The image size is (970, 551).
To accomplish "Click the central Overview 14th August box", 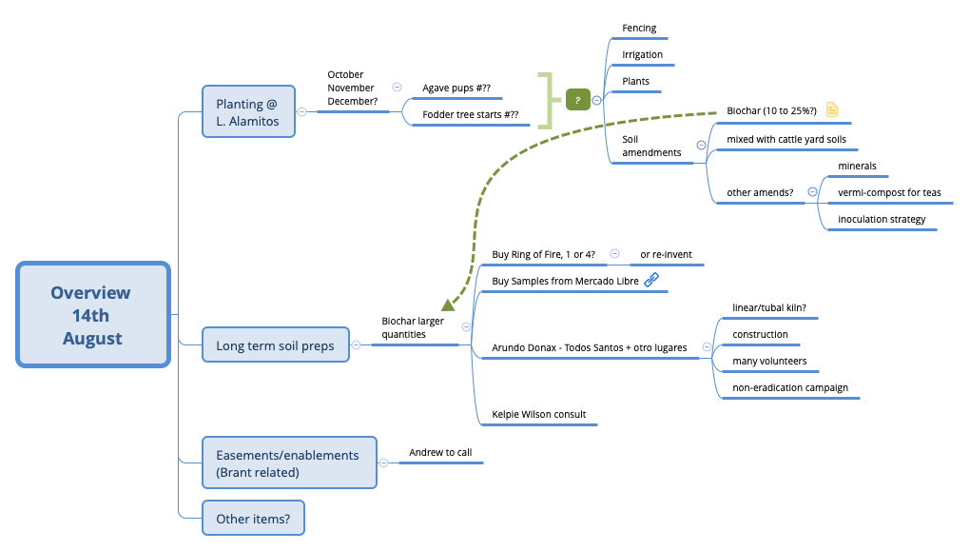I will [x=92, y=315].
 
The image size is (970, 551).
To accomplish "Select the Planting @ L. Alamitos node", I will [x=246, y=111].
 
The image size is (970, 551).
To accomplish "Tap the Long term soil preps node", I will [x=275, y=345].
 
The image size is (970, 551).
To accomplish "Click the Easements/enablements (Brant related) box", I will [x=289, y=463].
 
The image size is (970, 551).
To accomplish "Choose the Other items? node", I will [x=253, y=519].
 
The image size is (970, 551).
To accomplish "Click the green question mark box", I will [x=577, y=100].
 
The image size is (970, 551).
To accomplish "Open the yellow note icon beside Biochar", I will [x=831, y=110].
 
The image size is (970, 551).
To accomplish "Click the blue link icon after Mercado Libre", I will [x=651, y=281].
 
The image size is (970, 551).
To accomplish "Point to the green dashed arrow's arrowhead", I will [x=448, y=305].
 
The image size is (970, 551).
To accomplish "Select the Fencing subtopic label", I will [x=639, y=29].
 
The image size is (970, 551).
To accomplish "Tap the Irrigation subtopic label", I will [x=642, y=55].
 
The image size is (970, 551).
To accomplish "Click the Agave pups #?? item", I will [x=456, y=89].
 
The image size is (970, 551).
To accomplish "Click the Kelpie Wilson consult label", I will [x=538, y=415].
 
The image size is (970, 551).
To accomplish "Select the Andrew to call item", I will [x=439, y=453].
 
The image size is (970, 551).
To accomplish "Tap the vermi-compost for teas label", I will [x=888, y=193].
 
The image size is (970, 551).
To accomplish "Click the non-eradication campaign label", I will [x=789, y=388].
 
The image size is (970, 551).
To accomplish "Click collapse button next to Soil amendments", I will [x=701, y=146].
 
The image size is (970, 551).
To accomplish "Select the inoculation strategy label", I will [x=881, y=220].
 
